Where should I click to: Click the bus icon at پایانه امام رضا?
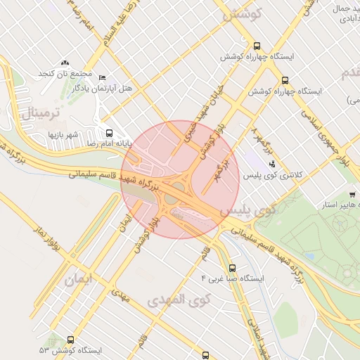click(108, 133)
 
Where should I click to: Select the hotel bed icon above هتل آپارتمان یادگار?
click(103, 77)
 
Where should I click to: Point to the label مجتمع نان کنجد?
click(65, 74)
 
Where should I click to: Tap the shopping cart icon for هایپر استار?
click(352, 195)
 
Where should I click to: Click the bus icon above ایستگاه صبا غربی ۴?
click(232, 268)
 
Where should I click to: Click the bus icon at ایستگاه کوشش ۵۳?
click(70, 340)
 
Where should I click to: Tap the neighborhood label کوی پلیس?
click(240, 210)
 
